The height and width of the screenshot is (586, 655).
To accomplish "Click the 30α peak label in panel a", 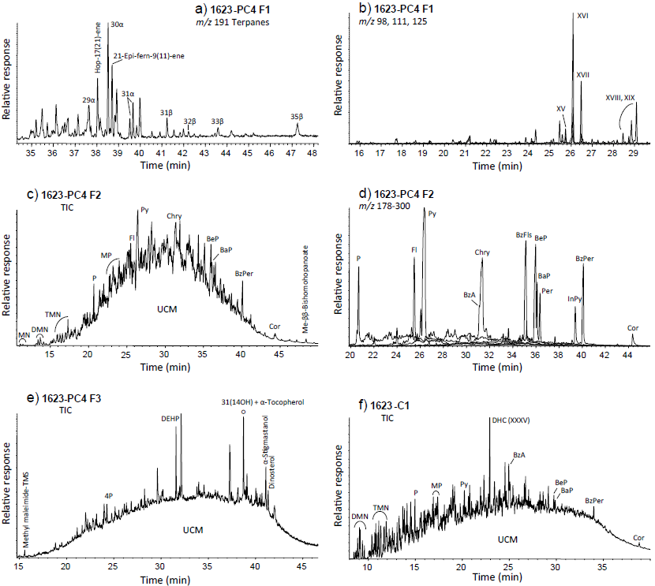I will click(x=117, y=25).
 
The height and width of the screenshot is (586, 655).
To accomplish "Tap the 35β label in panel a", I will click(x=297, y=117).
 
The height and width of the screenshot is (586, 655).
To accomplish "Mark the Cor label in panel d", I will click(x=632, y=327).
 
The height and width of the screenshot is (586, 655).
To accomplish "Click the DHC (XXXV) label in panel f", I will click(x=510, y=420).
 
